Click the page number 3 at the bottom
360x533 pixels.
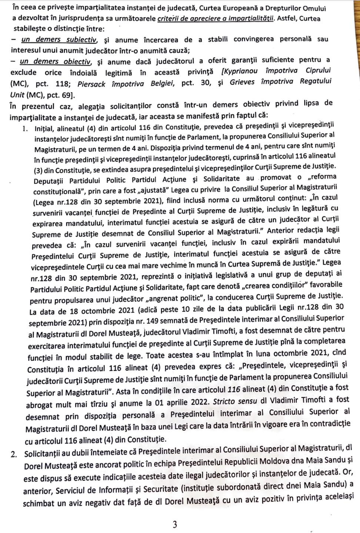(x=174, y=524)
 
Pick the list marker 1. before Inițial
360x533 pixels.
(x=25, y=130)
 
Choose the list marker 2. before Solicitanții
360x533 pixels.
(x=15, y=455)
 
